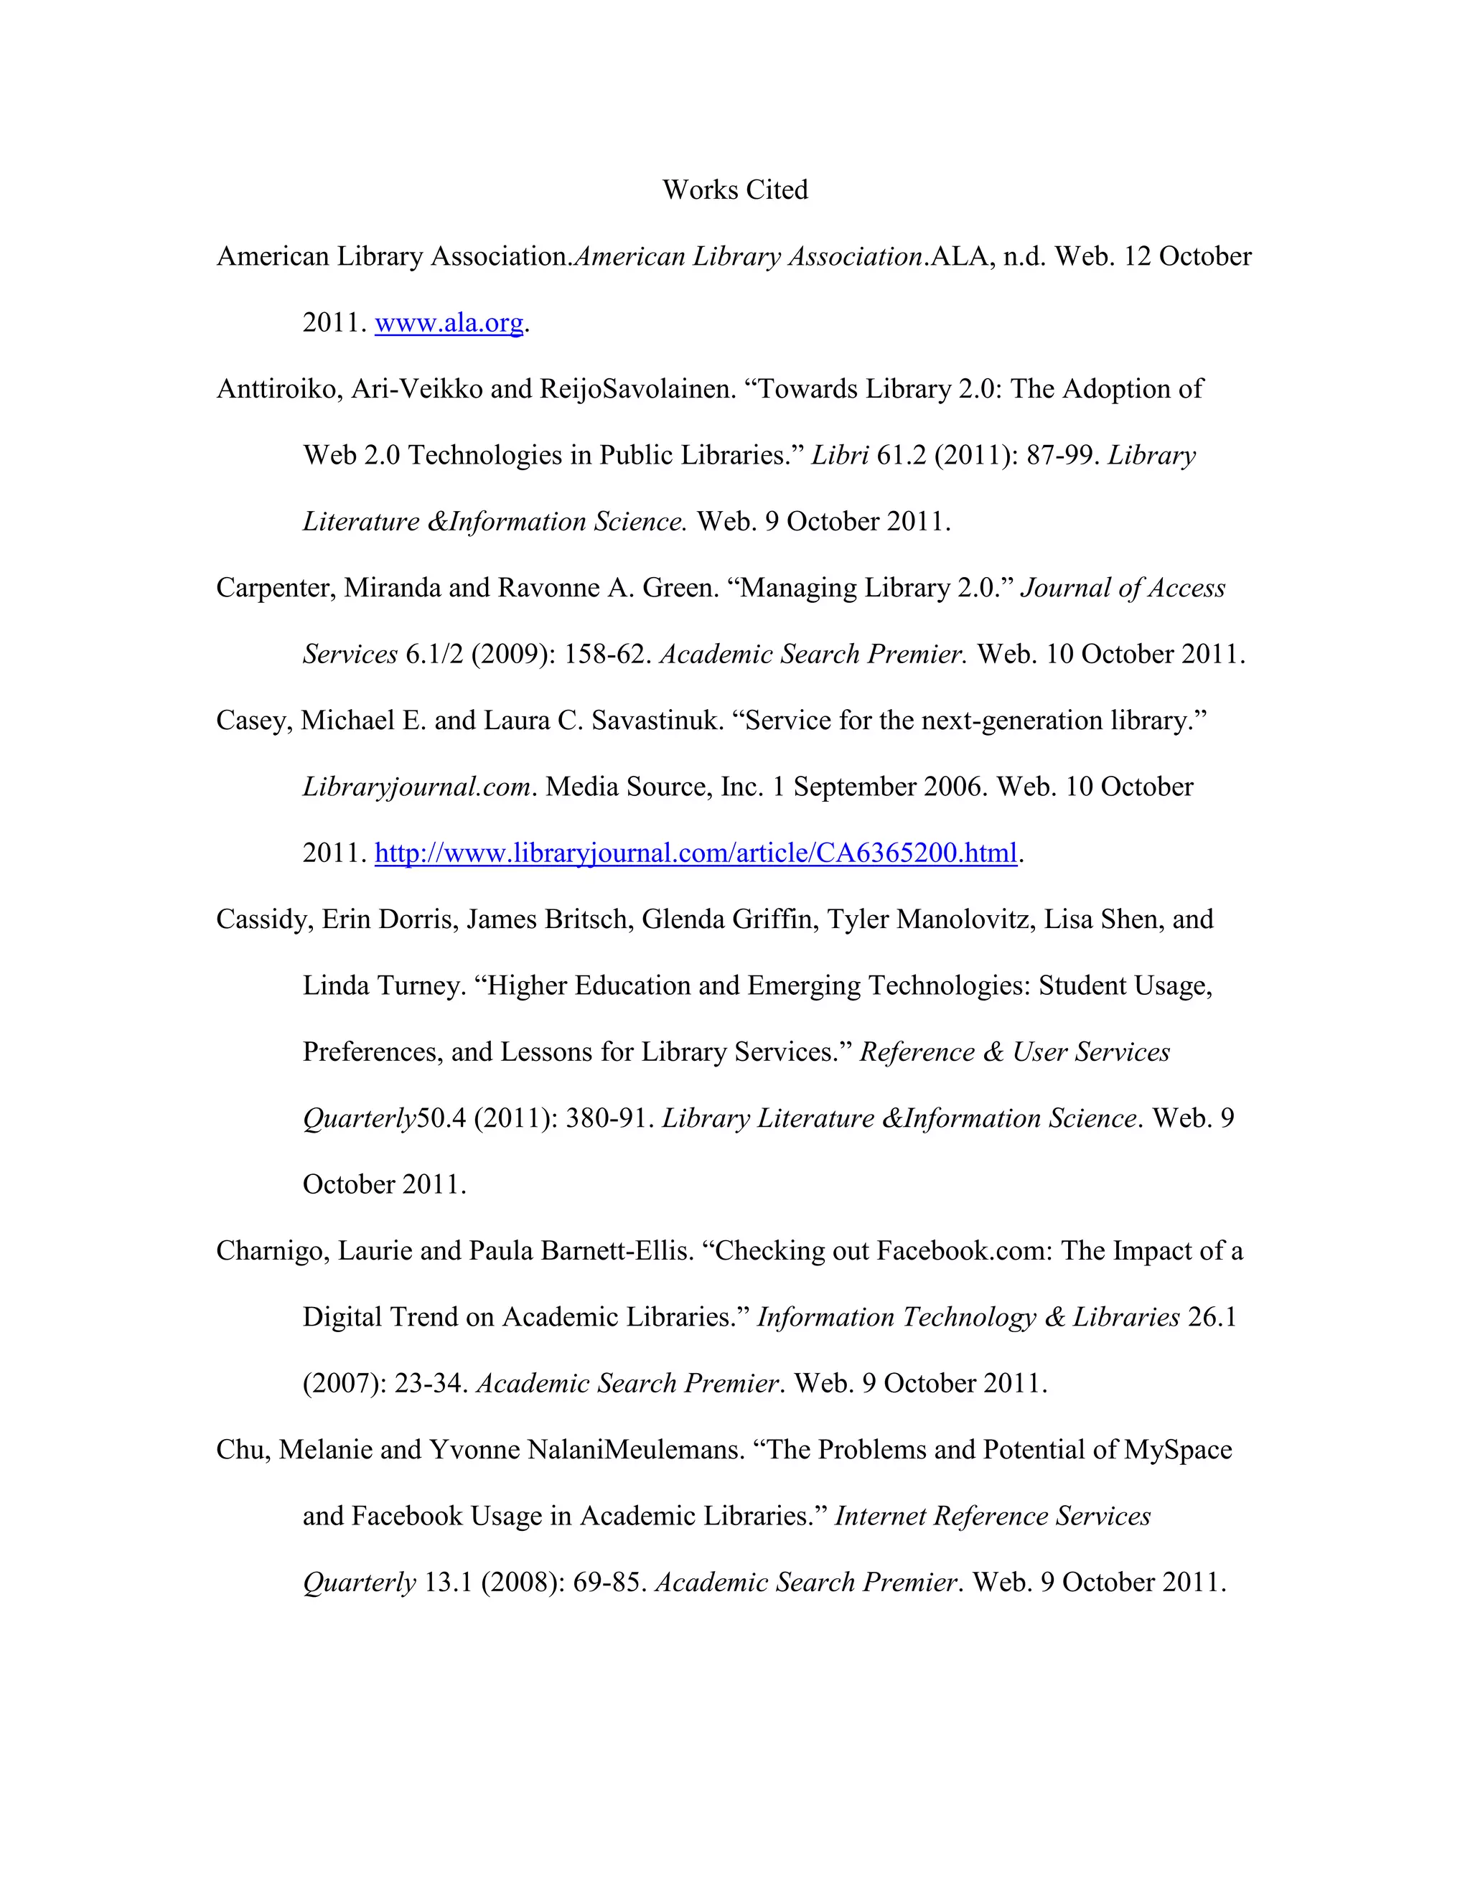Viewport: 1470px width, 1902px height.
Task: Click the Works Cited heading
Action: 735,190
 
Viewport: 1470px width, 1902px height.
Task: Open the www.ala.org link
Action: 449,323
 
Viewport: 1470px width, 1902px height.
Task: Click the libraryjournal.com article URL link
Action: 695,853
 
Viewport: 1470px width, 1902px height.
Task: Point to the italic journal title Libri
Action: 840,456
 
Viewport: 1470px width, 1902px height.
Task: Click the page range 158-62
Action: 606,654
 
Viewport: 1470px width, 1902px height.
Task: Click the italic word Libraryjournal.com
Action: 416,787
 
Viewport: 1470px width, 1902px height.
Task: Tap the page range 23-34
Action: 430,1384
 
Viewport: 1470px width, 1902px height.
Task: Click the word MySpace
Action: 1177,1450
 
